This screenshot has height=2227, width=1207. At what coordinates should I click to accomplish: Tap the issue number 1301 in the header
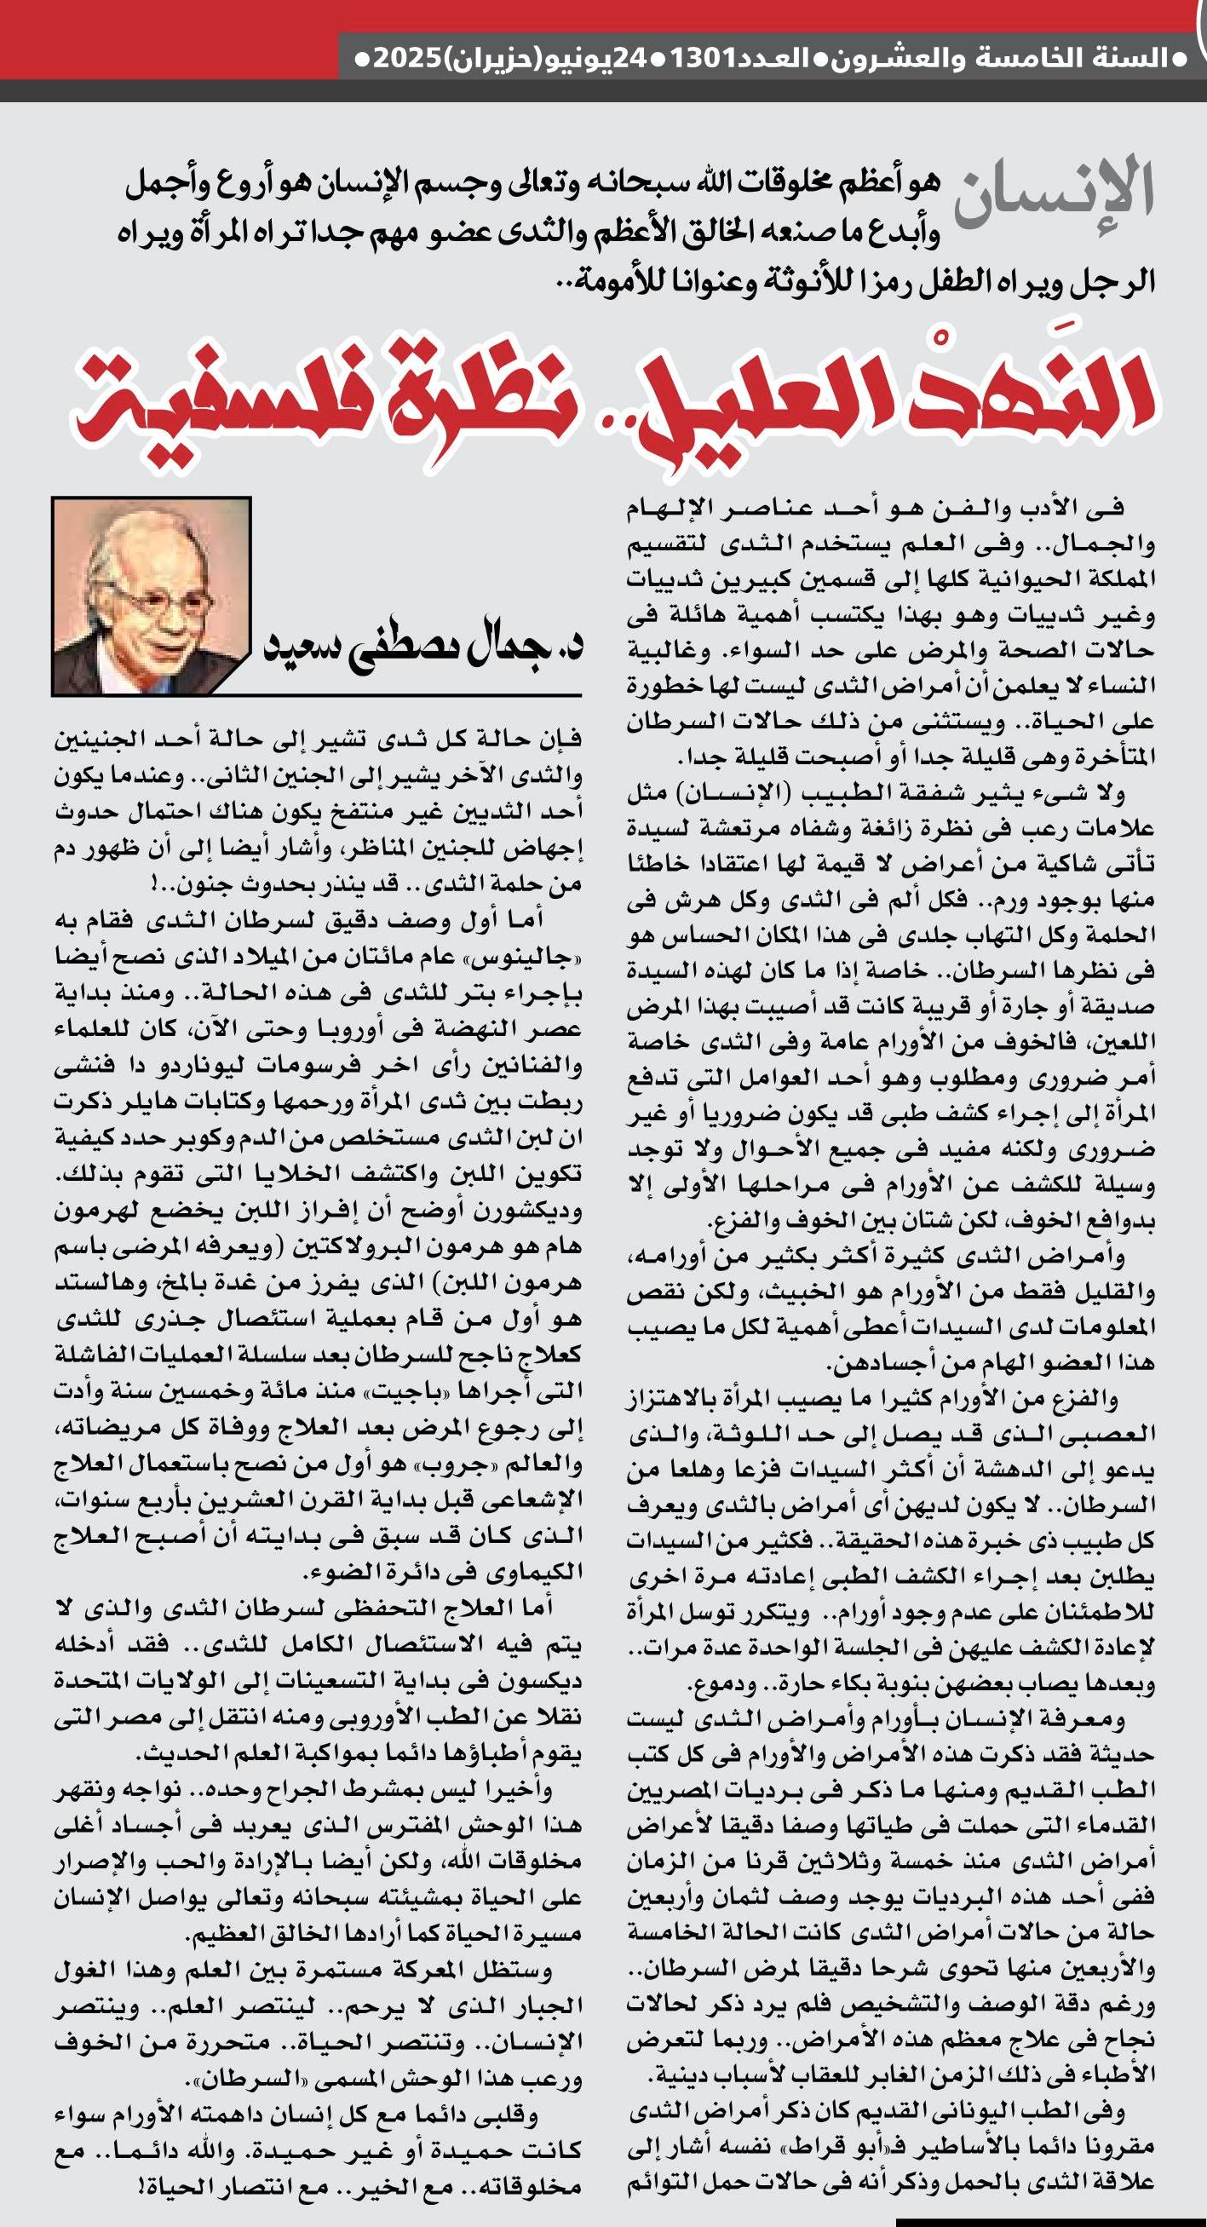(703, 60)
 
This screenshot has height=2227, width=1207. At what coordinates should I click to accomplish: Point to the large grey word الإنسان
(1054, 193)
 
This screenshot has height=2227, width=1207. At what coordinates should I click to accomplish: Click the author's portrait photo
(152, 596)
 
